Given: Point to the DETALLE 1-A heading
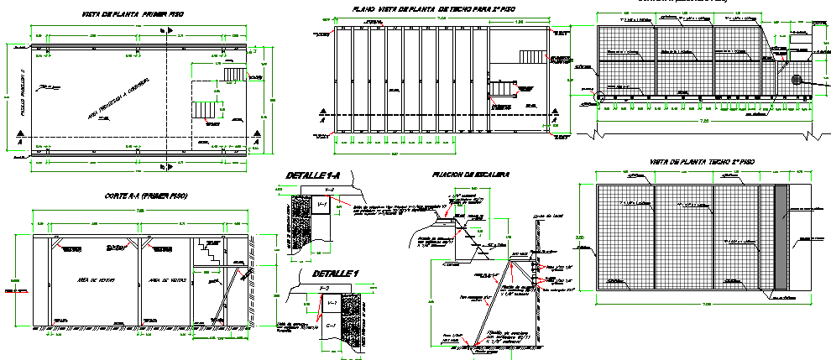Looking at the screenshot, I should click(312, 175).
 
